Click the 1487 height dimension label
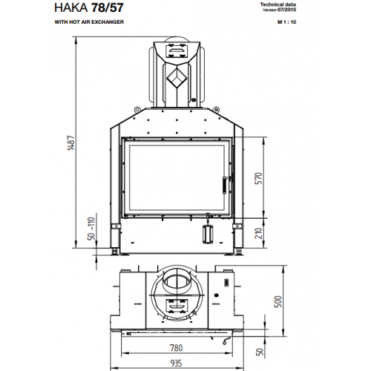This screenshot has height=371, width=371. point(71,142)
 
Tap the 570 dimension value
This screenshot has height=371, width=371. point(258,178)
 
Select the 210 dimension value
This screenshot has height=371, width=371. point(258,233)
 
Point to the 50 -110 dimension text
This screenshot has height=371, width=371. point(91,229)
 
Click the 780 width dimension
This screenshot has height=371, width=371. point(176,348)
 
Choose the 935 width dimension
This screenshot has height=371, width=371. point(176,363)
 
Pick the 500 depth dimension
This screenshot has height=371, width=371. point(278,301)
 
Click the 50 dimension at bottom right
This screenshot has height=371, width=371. point(260,352)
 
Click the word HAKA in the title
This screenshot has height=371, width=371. point(70,7)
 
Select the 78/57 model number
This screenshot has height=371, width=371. point(108,7)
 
